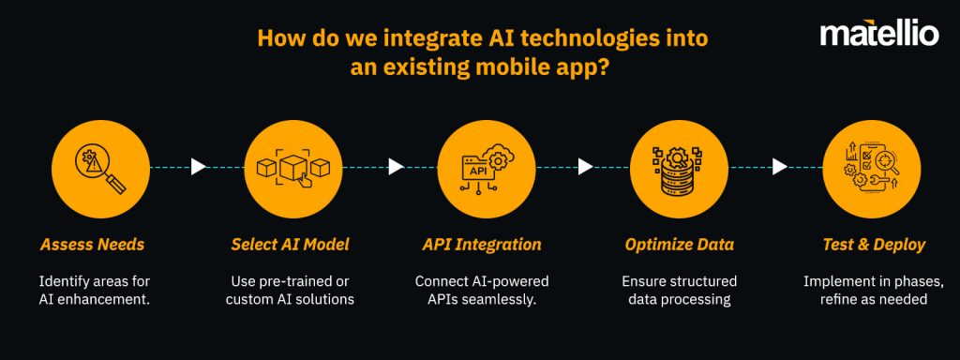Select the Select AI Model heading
pos(290,245)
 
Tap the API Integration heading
pos(482,245)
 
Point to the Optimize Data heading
pos(680,245)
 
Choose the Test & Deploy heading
pos(873,245)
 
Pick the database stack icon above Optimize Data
pos(676,167)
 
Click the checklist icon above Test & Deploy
pos(869,167)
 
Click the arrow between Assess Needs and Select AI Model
pos(198,167)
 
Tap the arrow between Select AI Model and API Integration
pos(396,167)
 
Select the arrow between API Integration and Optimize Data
pos(585,167)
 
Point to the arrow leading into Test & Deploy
pos(779,167)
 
